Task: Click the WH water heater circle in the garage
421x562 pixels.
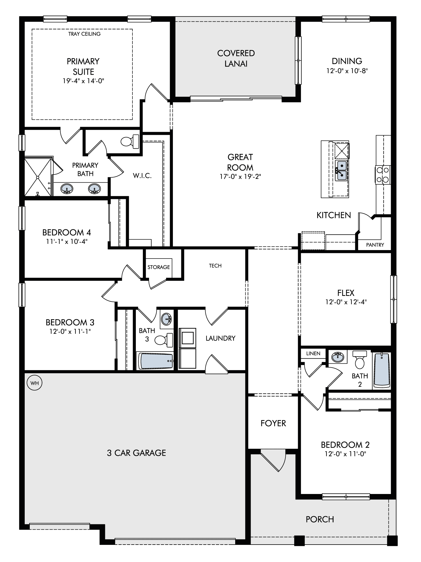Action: pos(35,383)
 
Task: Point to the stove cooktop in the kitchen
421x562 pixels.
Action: pos(383,175)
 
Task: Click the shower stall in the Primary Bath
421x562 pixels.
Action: pos(38,177)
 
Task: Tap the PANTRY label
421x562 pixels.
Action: pos(375,245)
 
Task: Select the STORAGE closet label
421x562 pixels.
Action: pos(159,267)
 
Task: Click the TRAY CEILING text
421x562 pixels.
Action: pos(84,34)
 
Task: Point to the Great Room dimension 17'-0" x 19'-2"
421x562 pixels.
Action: pos(240,176)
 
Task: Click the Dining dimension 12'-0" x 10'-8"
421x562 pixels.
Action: pos(347,71)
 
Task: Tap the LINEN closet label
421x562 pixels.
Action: pos(313,353)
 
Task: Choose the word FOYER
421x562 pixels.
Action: pos(273,423)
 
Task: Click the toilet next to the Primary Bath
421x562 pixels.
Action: pos(130,141)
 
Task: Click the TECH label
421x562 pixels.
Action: pos(215,266)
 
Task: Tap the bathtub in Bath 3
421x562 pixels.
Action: pos(155,361)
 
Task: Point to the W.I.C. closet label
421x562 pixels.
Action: pos(142,176)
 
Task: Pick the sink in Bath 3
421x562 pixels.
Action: pos(167,319)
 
